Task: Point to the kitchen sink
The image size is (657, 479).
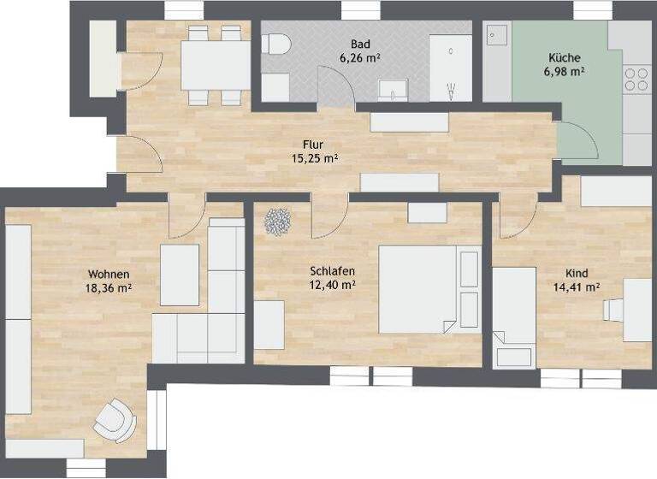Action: [x=497, y=37]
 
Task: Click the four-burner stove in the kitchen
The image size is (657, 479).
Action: [x=636, y=80]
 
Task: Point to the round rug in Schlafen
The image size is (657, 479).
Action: [x=278, y=222]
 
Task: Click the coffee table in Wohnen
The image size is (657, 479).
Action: [x=180, y=275]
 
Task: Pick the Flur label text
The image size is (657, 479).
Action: [x=313, y=145]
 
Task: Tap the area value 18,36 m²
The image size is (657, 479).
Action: [x=109, y=288]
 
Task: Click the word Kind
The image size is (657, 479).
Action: [x=577, y=274]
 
